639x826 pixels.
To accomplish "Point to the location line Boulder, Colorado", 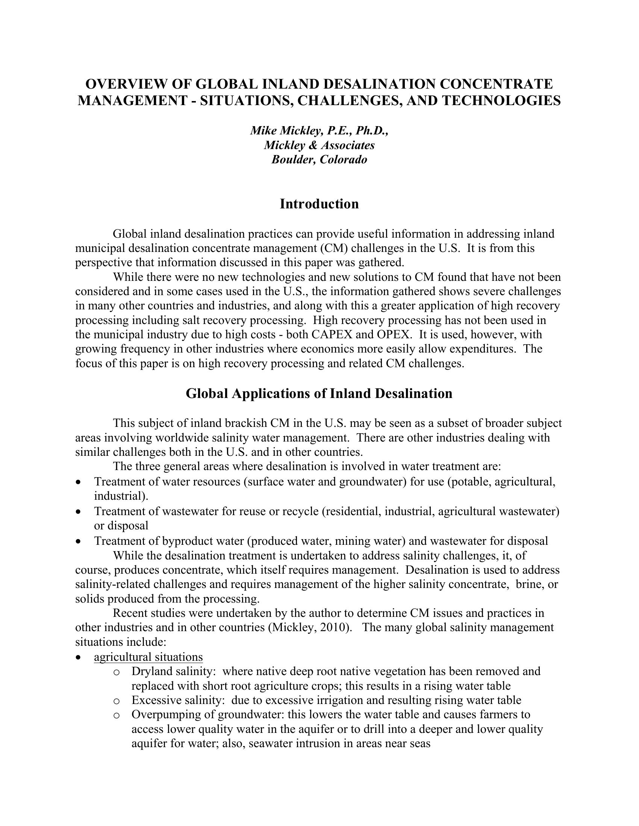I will pos(319,159).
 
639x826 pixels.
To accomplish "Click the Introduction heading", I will pos(319,204).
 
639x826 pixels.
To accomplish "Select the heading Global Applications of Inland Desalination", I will pos(319,393).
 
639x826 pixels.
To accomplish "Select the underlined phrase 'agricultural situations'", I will pos(148,657).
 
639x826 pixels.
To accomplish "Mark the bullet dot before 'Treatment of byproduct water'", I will pos(78,541).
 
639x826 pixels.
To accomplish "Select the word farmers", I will pos(500,714).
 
